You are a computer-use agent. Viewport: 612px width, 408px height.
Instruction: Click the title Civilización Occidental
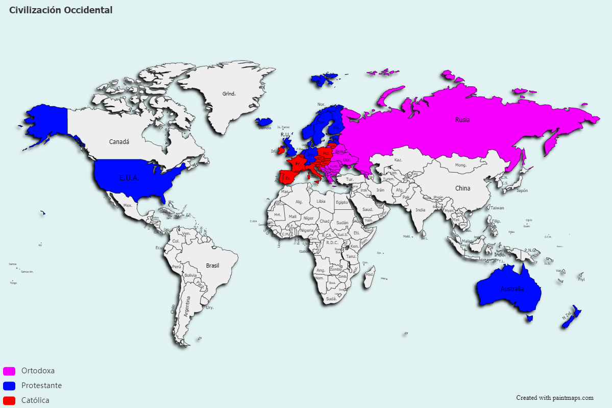pyautogui.click(x=61, y=10)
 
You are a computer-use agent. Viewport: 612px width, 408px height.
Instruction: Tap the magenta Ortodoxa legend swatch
pyautogui.click(x=9, y=371)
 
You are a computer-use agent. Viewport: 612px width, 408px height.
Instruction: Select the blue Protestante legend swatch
pyautogui.click(x=9, y=386)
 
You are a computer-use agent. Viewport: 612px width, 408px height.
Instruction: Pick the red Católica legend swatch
pyautogui.click(x=9, y=400)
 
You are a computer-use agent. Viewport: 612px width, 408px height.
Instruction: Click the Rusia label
pyautogui.click(x=462, y=120)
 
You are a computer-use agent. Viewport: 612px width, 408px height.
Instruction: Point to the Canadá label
pyautogui.click(x=119, y=141)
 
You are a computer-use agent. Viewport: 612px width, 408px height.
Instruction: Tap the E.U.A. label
pyautogui.click(x=129, y=178)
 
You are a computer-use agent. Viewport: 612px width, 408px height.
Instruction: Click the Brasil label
pyautogui.click(x=212, y=266)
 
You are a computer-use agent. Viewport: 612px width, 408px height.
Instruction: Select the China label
pyautogui.click(x=462, y=188)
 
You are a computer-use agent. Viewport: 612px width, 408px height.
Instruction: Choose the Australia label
pyautogui.click(x=512, y=289)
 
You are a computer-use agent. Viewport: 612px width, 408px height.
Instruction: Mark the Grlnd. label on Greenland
pyautogui.click(x=229, y=94)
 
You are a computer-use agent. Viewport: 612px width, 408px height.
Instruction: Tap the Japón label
pyautogui.click(x=522, y=190)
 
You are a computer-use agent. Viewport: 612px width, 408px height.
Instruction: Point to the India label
pyautogui.click(x=420, y=210)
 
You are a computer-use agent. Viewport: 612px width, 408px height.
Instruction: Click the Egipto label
pyautogui.click(x=341, y=202)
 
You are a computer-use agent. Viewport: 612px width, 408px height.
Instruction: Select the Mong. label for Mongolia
pyautogui.click(x=461, y=165)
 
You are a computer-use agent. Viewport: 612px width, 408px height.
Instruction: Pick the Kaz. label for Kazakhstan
pyautogui.click(x=399, y=160)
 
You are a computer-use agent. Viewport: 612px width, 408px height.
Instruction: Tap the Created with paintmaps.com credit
pyautogui.click(x=554, y=398)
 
